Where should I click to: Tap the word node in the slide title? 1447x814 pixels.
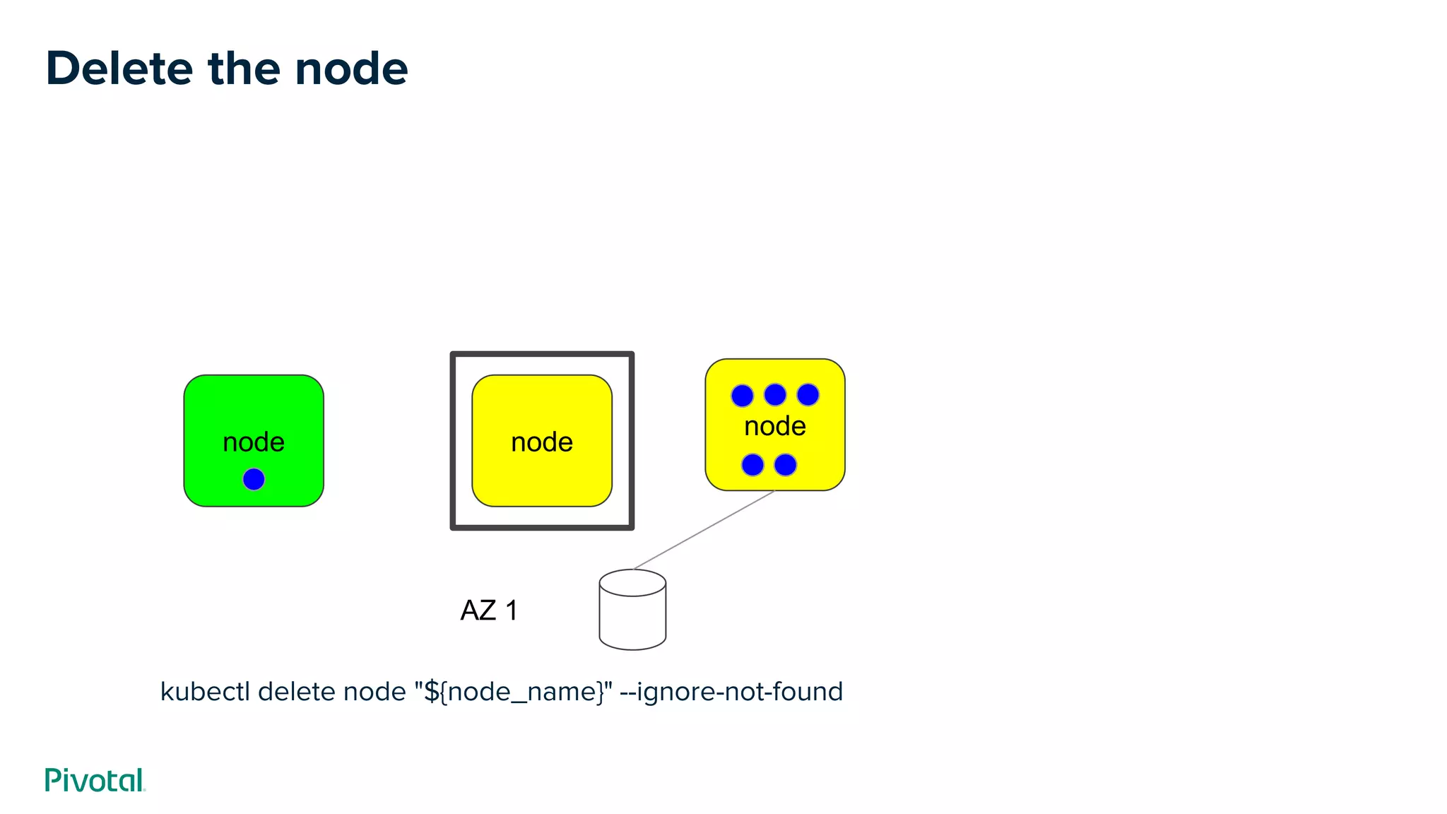(x=351, y=69)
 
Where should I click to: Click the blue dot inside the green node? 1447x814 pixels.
(x=254, y=479)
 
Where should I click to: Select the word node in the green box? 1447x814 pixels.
(x=254, y=442)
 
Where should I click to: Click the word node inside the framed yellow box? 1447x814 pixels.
(x=542, y=442)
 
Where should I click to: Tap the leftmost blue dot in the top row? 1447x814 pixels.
(x=742, y=395)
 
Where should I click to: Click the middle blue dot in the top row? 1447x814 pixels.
(x=775, y=395)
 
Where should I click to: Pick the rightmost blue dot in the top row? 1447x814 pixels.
(x=808, y=395)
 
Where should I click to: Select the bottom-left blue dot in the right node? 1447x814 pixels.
(x=752, y=465)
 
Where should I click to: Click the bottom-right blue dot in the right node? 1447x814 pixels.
(x=786, y=465)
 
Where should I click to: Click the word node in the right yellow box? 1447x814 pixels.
(x=775, y=427)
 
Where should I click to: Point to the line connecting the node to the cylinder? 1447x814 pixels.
(x=704, y=529)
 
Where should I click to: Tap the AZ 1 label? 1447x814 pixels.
(x=489, y=610)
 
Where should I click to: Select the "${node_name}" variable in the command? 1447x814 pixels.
(x=514, y=692)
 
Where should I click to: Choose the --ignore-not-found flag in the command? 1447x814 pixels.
(x=731, y=692)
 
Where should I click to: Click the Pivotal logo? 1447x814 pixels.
(x=95, y=780)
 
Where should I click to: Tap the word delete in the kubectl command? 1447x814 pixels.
(x=297, y=692)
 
